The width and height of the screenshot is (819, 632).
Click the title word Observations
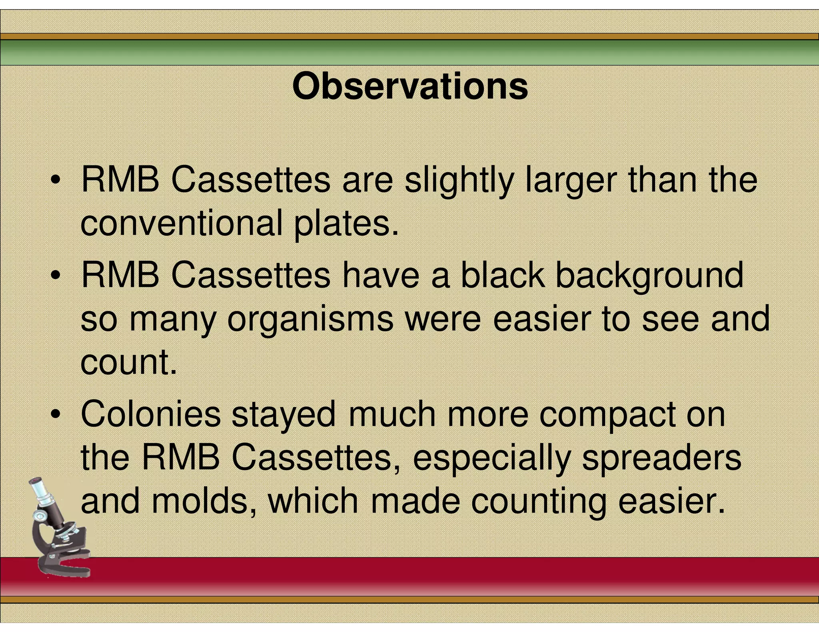click(410, 86)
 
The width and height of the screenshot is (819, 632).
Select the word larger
click(570, 181)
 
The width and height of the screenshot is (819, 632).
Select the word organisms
click(310, 320)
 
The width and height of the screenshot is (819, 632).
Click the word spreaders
click(661, 458)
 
